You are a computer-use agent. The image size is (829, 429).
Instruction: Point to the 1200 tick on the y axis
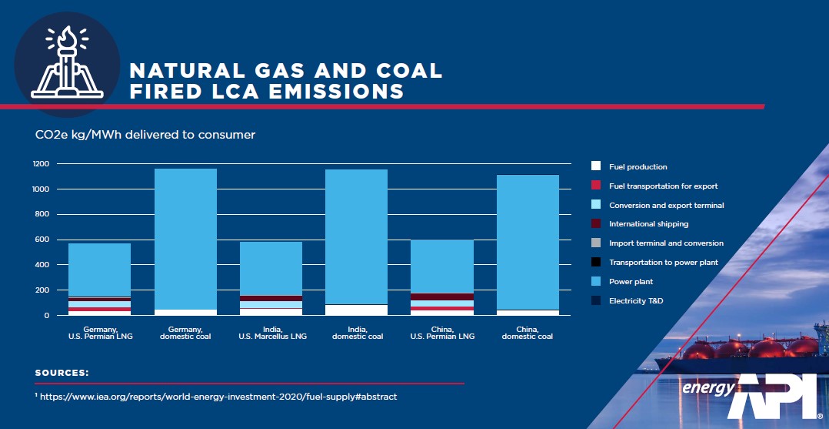pyautogui.click(x=41, y=164)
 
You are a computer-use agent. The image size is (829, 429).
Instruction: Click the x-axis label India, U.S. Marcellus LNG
pyautogui.click(x=271, y=333)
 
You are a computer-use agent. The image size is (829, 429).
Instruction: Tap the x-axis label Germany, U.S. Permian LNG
pyautogui.click(x=99, y=333)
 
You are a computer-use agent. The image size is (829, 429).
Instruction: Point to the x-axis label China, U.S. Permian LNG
pyautogui.click(x=441, y=333)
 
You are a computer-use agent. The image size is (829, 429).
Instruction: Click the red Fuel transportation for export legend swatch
pyautogui.click(x=595, y=186)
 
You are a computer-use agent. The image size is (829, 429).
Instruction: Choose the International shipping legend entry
pyautogui.click(x=648, y=224)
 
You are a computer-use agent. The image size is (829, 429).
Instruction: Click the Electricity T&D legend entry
pyautogui.click(x=635, y=300)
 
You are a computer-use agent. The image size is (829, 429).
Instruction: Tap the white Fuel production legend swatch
pyautogui.click(x=595, y=166)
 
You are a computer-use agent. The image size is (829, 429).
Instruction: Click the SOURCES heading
pyautogui.click(x=62, y=373)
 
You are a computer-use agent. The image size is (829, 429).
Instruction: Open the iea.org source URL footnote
pyautogui.click(x=219, y=397)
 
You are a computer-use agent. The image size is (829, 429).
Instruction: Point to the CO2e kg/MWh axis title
pyautogui.click(x=145, y=135)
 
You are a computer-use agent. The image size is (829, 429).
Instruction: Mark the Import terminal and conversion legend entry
pyautogui.click(x=666, y=243)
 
